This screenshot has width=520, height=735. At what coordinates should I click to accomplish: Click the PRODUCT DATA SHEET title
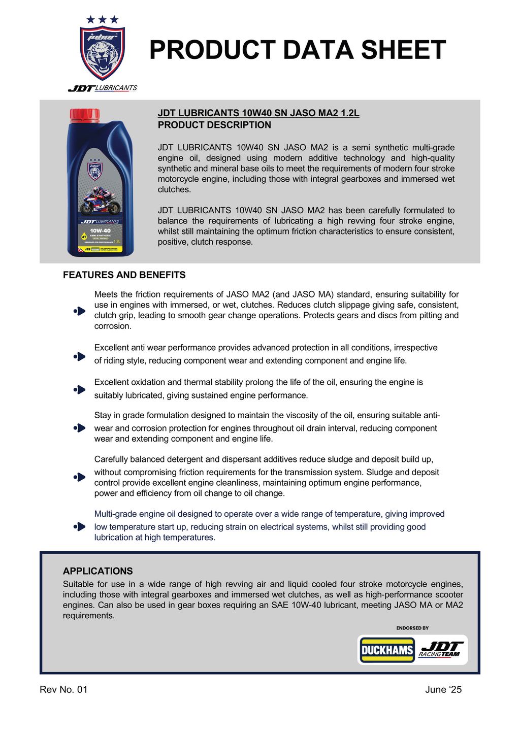[x=297, y=50]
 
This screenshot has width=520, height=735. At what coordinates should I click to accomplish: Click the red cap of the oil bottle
[x=85, y=115]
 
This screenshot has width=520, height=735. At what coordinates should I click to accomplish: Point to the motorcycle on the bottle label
[x=100, y=201]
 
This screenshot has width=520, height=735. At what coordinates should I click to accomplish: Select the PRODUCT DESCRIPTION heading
[x=214, y=125]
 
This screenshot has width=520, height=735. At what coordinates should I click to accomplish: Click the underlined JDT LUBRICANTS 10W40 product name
[x=258, y=113]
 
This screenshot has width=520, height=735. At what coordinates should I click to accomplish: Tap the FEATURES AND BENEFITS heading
[x=124, y=275]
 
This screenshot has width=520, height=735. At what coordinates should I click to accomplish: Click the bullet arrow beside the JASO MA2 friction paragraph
[x=79, y=311]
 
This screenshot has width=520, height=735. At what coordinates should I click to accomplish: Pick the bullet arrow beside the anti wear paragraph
[x=79, y=356]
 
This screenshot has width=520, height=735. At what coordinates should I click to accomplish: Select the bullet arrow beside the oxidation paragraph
[x=79, y=390]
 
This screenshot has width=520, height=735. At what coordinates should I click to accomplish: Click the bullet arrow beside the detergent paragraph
[x=79, y=477]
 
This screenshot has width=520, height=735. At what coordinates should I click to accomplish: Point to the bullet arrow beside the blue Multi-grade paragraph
[x=79, y=527]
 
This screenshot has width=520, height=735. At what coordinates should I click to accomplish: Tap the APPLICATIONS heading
[x=98, y=571]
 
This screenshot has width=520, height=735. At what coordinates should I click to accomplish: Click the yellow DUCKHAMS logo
[x=387, y=650]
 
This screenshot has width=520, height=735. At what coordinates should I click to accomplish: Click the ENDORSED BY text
[x=412, y=628]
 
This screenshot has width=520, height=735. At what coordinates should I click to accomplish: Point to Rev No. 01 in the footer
[x=63, y=689]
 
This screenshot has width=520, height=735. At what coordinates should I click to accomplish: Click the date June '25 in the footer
[x=443, y=689]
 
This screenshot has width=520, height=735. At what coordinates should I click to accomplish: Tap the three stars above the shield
[x=102, y=20]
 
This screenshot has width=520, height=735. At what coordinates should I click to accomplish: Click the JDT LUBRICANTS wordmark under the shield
[x=103, y=88]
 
